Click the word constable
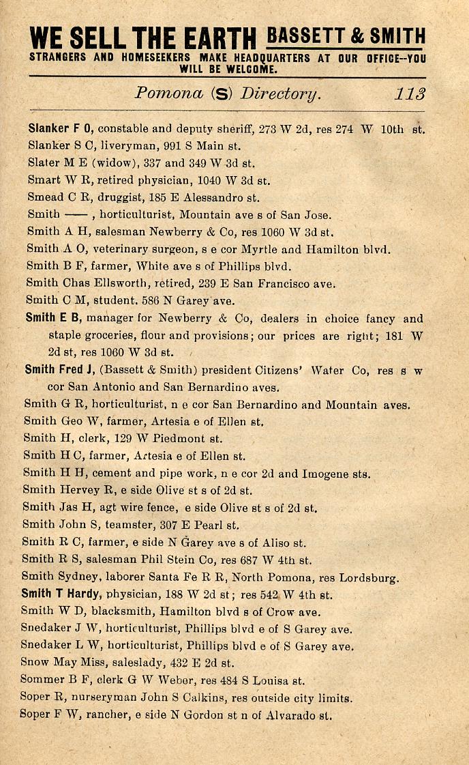(x=129, y=128)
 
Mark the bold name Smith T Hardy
(x=63, y=594)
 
